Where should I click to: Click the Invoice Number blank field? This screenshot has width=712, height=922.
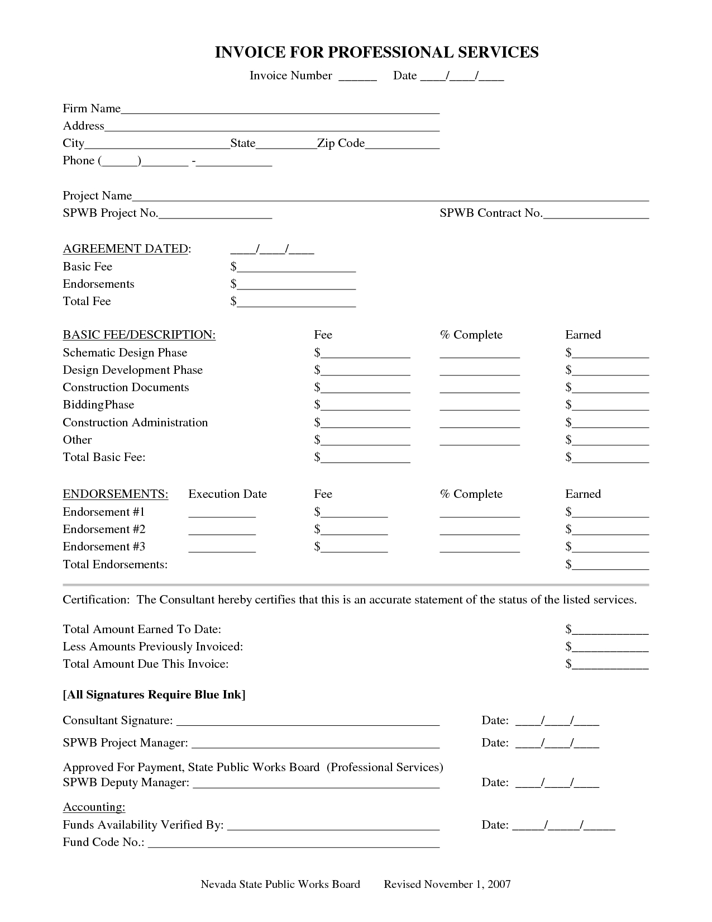pyautogui.click(x=357, y=77)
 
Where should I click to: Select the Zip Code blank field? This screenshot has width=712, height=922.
pyautogui.click(x=402, y=144)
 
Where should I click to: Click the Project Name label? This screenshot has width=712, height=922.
pyautogui.click(x=97, y=196)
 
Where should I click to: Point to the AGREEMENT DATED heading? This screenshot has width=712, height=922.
pyautogui.click(x=127, y=249)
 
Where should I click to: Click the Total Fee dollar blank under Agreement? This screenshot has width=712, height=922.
pyautogui.click(x=296, y=302)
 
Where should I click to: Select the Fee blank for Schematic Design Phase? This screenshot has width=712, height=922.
pyautogui.click(x=365, y=354)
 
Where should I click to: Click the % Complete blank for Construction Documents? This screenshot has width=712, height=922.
pyautogui.click(x=480, y=388)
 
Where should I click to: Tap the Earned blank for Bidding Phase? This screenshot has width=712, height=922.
pyautogui.click(x=610, y=406)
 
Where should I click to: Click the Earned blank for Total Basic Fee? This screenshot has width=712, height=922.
pyautogui.click(x=610, y=458)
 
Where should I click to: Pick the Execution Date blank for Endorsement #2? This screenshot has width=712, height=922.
pyautogui.click(x=222, y=530)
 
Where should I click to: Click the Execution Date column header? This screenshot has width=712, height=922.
pyautogui.click(x=227, y=494)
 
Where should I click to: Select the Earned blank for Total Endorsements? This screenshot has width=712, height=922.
pyautogui.click(x=610, y=565)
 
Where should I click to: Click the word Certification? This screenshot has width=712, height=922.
pyautogui.click(x=95, y=600)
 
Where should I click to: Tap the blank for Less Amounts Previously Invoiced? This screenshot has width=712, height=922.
pyautogui.click(x=610, y=648)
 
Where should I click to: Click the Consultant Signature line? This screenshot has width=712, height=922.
pyautogui.click(x=308, y=721)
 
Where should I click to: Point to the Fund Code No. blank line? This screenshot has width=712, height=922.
pyautogui.click(x=294, y=843)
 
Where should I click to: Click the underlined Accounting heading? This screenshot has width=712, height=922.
pyautogui.click(x=94, y=807)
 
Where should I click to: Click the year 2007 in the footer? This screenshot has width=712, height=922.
pyautogui.click(x=499, y=884)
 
